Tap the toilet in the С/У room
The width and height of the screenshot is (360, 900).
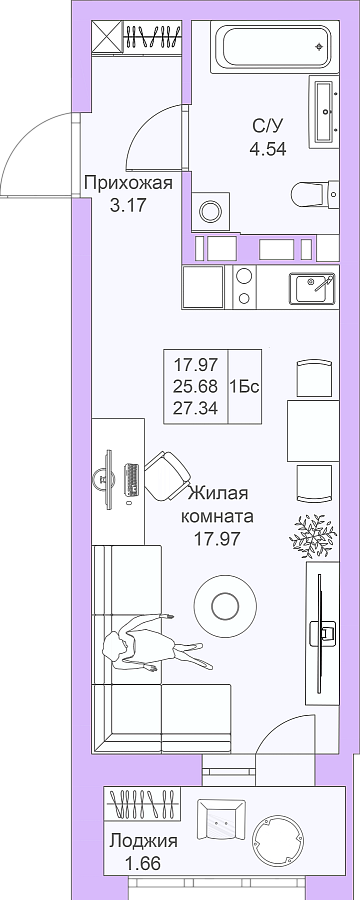[x=316, y=194]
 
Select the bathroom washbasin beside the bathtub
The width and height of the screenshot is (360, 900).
[x=324, y=111]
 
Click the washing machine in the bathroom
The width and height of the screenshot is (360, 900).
[x=210, y=211]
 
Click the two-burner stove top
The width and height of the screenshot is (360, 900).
[x=245, y=286]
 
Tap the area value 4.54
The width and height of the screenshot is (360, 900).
[x=268, y=149]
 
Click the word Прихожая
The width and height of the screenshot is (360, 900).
[x=128, y=184]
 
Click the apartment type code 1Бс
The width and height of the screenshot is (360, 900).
[x=245, y=386]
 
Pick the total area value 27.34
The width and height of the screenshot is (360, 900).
[x=195, y=408]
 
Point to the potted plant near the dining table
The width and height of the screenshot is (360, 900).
[x=313, y=536]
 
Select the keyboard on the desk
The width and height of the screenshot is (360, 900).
[x=132, y=479]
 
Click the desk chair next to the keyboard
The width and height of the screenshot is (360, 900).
[x=167, y=476]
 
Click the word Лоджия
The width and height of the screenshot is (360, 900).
[x=144, y=841]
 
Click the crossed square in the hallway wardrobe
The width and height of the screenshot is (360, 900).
[x=107, y=37]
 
